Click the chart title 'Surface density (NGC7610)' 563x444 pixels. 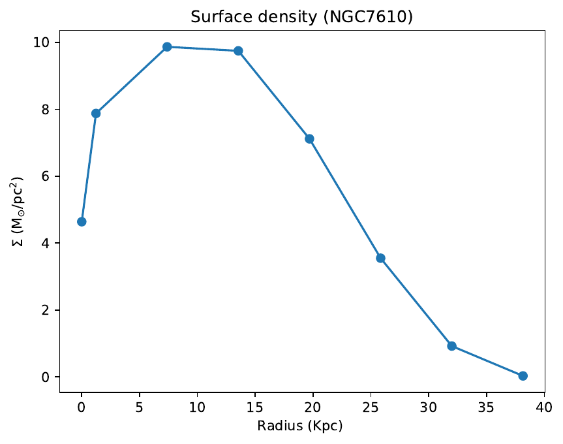[x=301, y=17]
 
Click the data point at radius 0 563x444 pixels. [x=82, y=221]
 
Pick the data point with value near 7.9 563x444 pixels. [x=96, y=113]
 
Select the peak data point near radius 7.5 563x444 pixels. [x=167, y=47]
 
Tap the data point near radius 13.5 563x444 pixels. [x=238, y=51]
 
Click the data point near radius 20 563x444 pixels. [x=309, y=138]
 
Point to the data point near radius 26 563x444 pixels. [x=380, y=258]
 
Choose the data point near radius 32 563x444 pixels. [x=451, y=345]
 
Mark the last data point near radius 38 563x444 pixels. [x=523, y=375]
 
